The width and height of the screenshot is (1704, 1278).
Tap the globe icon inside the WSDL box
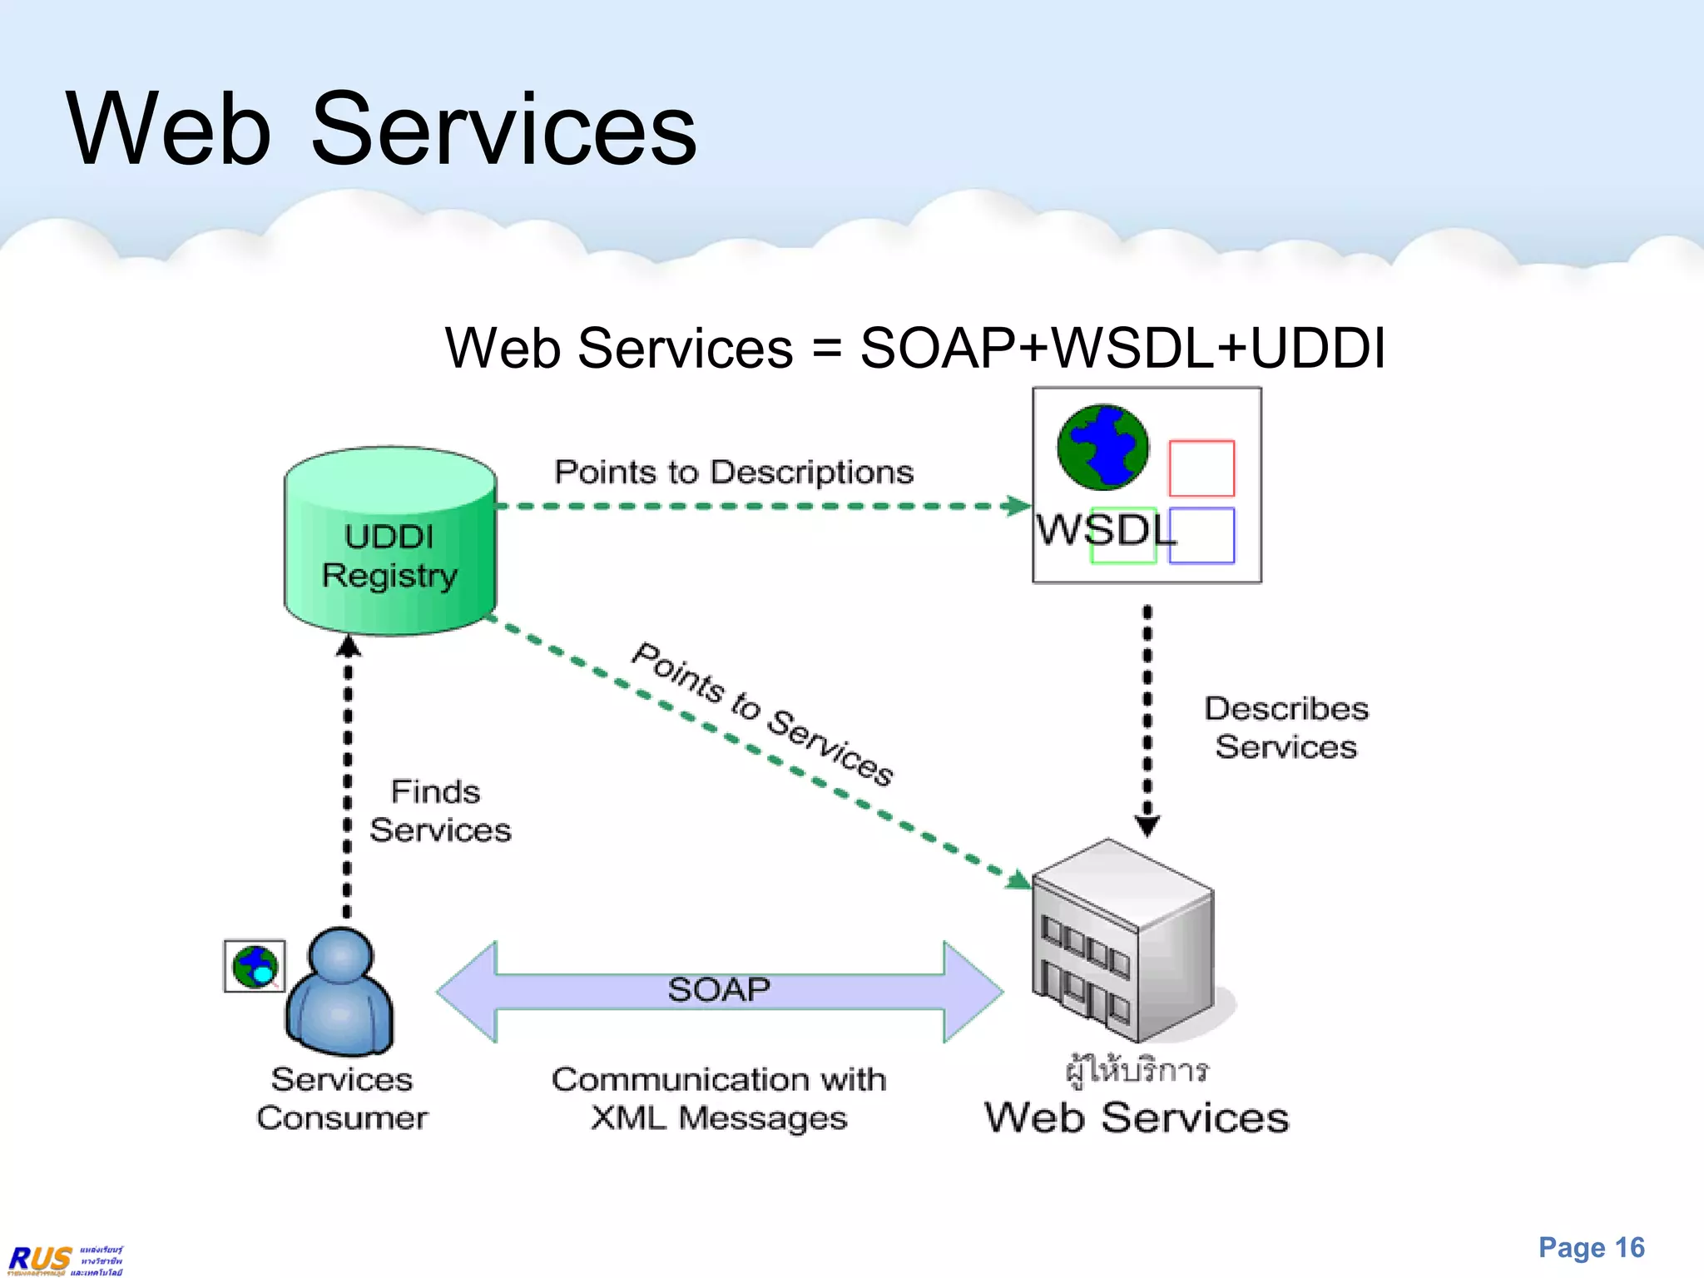click(x=1102, y=447)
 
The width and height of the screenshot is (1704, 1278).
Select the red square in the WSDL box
click(x=1201, y=468)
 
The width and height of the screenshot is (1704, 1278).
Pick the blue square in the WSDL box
click(x=1201, y=536)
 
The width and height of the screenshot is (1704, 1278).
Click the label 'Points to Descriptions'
click(x=733, y=472)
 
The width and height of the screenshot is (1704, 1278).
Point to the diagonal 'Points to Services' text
click(x=762, y=714)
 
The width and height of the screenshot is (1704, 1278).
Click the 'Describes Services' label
click(x=1285, y=728)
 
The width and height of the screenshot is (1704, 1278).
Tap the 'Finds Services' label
click(x=438, y=810)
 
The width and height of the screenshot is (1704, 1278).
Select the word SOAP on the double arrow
click(x=719, y=989)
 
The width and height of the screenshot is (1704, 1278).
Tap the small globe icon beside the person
click(x=255, y=966)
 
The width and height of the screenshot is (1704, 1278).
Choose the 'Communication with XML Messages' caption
click(x=719, y=1098)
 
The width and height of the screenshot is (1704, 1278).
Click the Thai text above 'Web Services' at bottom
click(x=1137, y=1070)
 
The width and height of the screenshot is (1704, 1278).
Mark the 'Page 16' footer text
click(x=1591, y=1247)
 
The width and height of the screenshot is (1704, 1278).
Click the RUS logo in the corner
click(x=40, y=1259)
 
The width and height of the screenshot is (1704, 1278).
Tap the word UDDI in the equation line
click(x=1317, y=347)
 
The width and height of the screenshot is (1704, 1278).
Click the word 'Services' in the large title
click(x=503, y=130)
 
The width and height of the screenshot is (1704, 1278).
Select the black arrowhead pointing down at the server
click(x=1147, y=825)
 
